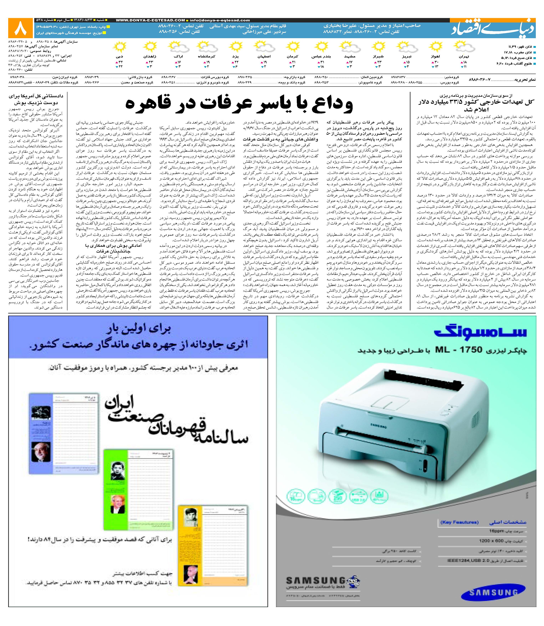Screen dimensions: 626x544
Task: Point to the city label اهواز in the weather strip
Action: [x=435, y=57]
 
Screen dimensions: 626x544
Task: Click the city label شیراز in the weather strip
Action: [x=378, y=57]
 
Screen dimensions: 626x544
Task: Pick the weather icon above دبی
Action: [x=119, y=47]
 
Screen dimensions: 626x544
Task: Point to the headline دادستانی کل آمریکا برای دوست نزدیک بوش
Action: [x=36, y=99]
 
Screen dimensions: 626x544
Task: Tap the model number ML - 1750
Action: [x=458, y=350]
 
